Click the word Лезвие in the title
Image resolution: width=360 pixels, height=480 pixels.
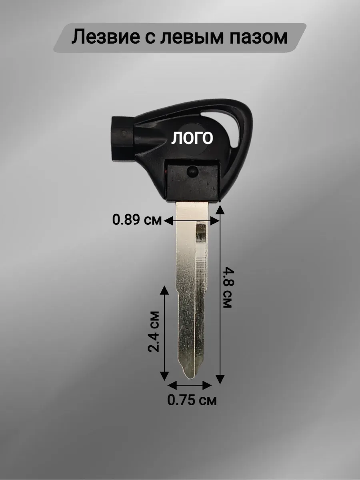pyautogui.click(x=106, y=37)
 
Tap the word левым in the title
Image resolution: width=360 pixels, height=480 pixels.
pyautogui.click(x=192, y=37)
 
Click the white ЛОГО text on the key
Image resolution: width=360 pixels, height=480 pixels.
pyautogui.click(x=192, y=138)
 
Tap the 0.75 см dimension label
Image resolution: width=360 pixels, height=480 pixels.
pyautogui.click(x=192, y=400)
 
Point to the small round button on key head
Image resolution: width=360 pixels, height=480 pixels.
pyautogui.click(x=192, y=171)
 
